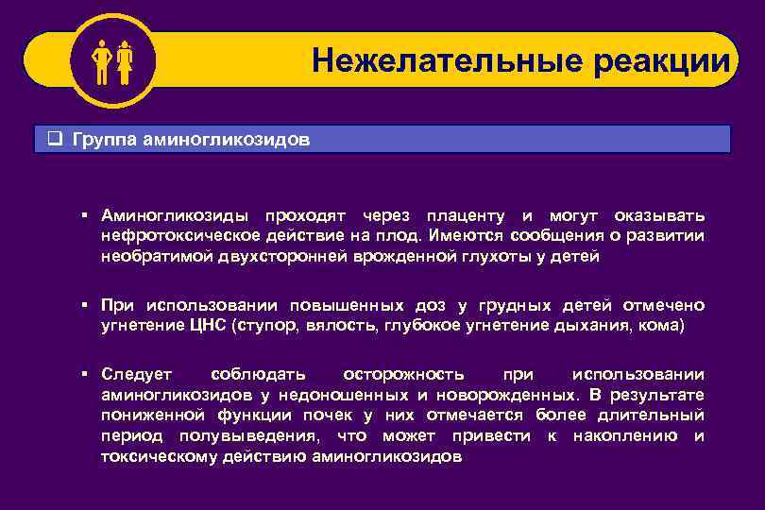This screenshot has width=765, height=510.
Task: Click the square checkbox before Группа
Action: coord(56,140)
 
